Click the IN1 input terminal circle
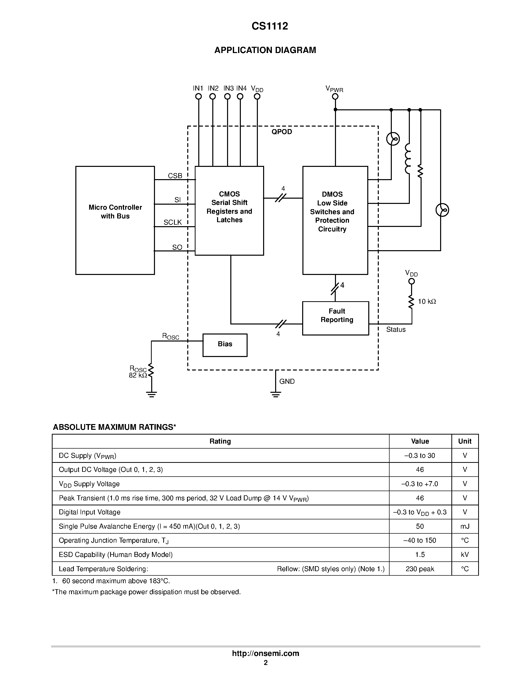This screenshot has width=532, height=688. tap(198, 96)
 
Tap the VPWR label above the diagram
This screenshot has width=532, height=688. tap(334, 89)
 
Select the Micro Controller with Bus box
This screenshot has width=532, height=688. tap(115, 220)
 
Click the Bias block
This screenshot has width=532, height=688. tap(225, 345)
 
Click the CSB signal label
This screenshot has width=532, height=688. tap(175, 176)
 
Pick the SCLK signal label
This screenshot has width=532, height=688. tap(172, 222)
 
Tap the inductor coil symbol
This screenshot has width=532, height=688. tap(408, 159)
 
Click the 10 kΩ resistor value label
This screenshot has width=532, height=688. tap(427, 301)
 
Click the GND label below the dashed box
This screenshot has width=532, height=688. tap(287, 382)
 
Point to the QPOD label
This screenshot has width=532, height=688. tap(282, 132)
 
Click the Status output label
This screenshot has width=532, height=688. tap(396, 329)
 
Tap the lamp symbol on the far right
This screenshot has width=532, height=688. tap(442, 210)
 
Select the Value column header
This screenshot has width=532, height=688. tap(420, 441)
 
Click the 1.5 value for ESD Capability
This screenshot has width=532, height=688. tap(420, 554)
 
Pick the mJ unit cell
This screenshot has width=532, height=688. tap(465, 526)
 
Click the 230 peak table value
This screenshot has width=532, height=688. tap(420, 569)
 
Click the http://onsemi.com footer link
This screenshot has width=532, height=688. tap(265, 653)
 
